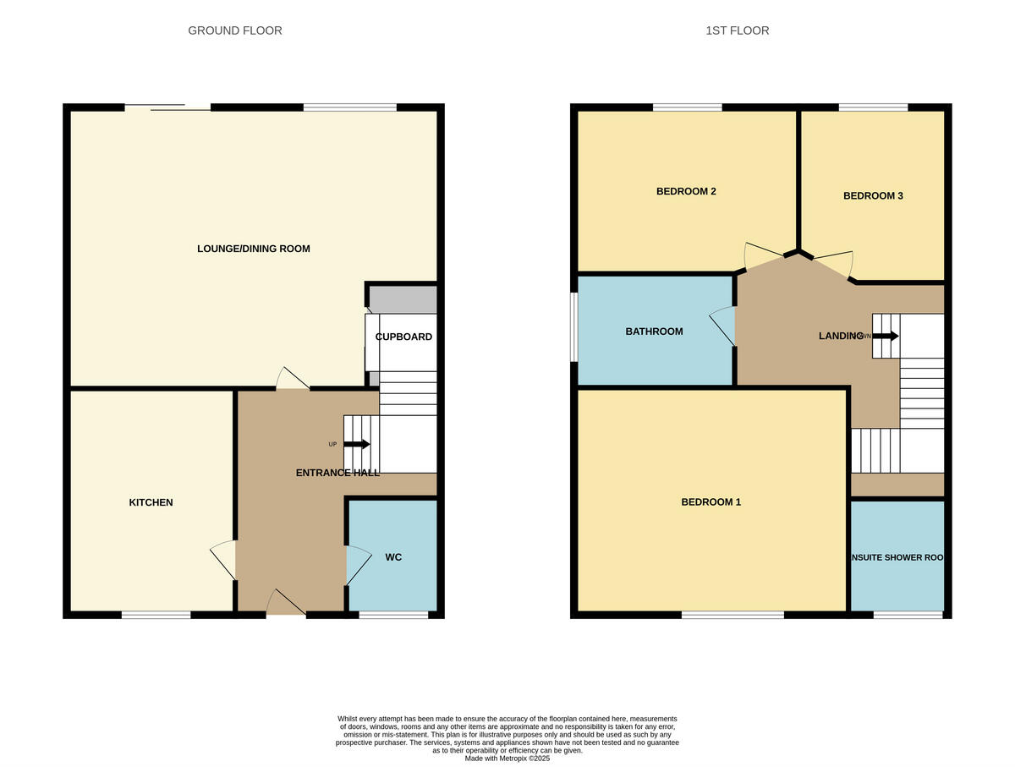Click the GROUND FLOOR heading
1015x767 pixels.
point(234,30)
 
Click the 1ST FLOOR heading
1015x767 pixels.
point(737,30)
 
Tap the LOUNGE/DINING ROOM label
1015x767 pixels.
point(253,249)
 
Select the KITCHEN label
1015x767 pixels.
point(151,502)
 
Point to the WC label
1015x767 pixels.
point(393,557)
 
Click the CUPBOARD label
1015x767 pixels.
point(403,337)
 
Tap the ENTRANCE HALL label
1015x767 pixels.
point(337,473)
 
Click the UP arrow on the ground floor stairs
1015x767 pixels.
point(356,444)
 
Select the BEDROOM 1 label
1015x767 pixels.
point(710,502)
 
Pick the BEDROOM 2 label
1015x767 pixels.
point(686,191)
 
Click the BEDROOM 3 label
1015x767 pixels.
point(873,195)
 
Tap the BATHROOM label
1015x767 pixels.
point(654,331)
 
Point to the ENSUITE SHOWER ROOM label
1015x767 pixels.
point(897,558)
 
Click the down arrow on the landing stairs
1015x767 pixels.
point(885,336)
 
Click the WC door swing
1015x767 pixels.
point(358,564)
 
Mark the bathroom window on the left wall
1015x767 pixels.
point(573,327)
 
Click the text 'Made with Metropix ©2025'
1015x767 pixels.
point(507,759)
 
